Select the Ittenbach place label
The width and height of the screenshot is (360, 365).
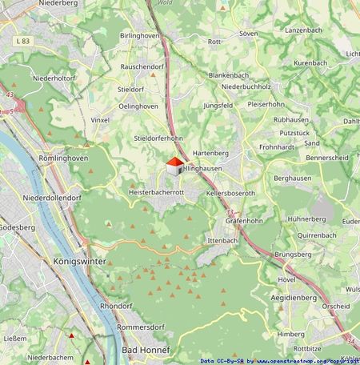pyautogui.click(x=222, y=240)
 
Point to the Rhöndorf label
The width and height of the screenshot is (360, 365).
pyautogui.click(x=115, y=307)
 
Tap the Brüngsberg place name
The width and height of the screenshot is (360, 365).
pyautogui.click(x=292, y=254)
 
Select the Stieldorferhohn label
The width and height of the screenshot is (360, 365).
pyautogui.click(x=159, y=138)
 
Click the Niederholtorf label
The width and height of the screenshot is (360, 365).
pyautogui.click(x=54, y=78)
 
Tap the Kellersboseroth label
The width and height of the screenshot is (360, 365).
pyautogui.click(x=230, y=194)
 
